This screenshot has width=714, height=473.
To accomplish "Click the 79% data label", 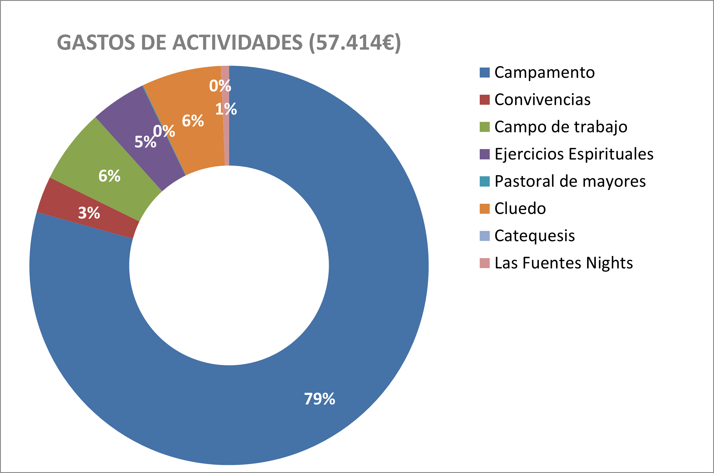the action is [x=320, y=399].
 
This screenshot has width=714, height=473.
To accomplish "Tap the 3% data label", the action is [x=89, y=213].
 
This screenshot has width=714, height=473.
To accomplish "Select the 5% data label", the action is [x=145, y=142].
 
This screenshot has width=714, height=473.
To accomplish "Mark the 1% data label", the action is [x=226, y=109].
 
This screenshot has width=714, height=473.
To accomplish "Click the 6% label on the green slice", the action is [x=110, y=176].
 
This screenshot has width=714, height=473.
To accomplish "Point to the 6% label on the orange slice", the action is [x=193, y=121].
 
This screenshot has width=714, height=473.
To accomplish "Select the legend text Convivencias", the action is [x=542, y=100].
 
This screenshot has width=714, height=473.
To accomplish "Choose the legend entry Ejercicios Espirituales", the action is [x=567, y=154].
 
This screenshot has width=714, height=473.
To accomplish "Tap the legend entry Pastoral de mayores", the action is [x=563, y=181].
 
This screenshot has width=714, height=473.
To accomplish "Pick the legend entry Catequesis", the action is [x=527, y=236].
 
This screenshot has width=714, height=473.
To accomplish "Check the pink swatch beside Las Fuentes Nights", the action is [x=485, y=263].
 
